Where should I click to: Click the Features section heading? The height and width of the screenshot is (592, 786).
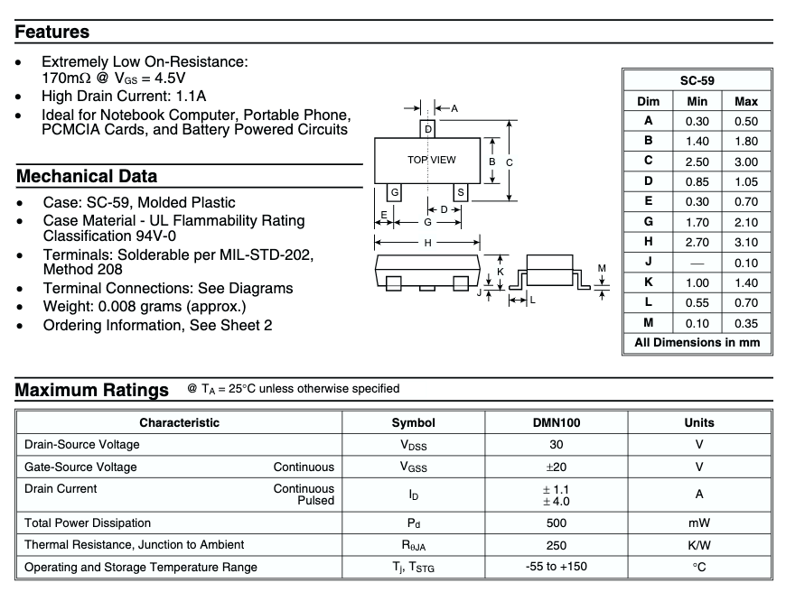point(52,32)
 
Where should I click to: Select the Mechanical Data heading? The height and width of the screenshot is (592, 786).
point(87,176)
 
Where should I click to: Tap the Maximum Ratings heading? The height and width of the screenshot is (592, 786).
point(92,391)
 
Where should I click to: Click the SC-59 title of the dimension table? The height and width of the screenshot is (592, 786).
point(697,79)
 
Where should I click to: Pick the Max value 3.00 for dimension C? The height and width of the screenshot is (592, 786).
point(746,161)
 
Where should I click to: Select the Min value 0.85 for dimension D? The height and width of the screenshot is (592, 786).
point(697,181)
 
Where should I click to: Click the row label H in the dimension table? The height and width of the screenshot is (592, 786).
point(648,242)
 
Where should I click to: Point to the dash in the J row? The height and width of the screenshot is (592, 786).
point(697,263)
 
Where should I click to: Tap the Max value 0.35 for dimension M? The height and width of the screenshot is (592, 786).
point(746,322)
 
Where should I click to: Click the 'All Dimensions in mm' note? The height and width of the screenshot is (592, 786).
point(697,343)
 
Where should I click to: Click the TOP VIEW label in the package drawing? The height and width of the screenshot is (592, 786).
point(431,160)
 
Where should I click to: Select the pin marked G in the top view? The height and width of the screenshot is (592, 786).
point(395,192)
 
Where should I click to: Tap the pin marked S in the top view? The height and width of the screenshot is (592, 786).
point(460,192)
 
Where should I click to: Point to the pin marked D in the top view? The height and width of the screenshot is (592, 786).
point(427,129)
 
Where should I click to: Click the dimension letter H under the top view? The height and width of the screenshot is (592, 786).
point(427,242)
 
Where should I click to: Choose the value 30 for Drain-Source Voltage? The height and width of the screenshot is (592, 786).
point(557,444)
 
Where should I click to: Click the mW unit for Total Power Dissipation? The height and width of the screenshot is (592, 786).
point(698,523)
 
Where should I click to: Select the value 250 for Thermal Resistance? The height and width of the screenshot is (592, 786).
point(557,545)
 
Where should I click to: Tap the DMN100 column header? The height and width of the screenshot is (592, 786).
point(557,422)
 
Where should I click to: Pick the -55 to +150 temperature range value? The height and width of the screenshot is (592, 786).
point(557,568)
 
